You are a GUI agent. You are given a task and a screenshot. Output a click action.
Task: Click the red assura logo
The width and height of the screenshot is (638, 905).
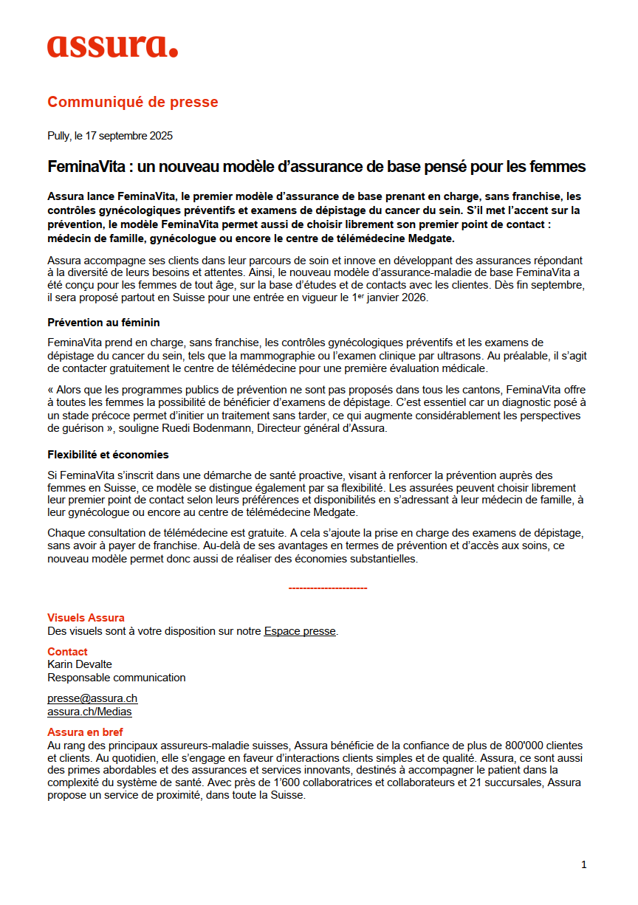(x=112, y=47)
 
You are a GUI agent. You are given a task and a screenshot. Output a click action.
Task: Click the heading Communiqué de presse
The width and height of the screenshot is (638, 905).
(x=133, y=102)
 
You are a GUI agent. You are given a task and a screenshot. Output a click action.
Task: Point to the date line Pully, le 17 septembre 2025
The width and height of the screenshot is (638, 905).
(x=110, y=136)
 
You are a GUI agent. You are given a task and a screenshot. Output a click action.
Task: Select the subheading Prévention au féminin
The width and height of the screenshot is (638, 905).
(x=103, y=323)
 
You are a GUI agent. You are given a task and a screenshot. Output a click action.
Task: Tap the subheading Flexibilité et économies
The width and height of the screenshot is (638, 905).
(x=108, y=454)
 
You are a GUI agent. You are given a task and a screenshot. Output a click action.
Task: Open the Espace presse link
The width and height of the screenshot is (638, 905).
(x=300, y=631)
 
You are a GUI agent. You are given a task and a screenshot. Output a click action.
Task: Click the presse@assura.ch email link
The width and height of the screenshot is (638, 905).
(x=92, y=698)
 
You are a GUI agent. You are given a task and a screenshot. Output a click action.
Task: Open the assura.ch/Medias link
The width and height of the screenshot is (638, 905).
(x=89, y=712)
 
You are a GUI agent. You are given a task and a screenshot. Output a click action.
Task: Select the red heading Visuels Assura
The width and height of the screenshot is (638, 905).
(x=86, y=618)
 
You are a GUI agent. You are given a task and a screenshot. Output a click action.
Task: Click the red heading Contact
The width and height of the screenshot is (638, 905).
(x=67, y=652)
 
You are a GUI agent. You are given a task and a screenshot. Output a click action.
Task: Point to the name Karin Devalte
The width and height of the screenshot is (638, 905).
(x=80, y=664)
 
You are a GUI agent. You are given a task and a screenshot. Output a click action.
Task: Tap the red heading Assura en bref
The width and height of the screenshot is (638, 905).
(x=85, y=732)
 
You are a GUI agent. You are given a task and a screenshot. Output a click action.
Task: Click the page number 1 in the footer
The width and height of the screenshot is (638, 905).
(x=583, y=864)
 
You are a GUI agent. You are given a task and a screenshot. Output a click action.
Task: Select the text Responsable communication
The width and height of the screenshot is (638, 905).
(x=117, y=678)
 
